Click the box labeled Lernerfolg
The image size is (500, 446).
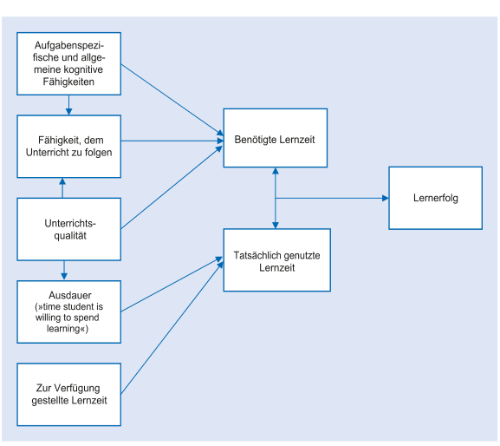click(435, 198)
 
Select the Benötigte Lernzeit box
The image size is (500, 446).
click(276, 138)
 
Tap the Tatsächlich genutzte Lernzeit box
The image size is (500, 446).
click(276, 259)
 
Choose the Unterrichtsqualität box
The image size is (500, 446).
click(68, 229)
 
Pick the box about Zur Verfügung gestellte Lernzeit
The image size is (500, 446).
click(68, 394)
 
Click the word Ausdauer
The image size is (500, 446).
click(70, 295)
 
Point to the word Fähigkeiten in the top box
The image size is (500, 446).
click(68, 82)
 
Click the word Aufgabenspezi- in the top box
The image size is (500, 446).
click(68, 45)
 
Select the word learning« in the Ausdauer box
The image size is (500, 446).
click(68, 329)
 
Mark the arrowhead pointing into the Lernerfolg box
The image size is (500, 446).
click(386, 198)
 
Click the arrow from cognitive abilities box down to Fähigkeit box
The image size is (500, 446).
click(68, 105)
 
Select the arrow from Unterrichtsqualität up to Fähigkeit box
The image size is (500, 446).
click(62, 187)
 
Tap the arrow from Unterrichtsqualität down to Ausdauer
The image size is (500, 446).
click(64, 271)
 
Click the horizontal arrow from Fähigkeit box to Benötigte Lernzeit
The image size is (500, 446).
click(172, 141)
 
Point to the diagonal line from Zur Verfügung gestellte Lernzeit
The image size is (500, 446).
click(172, 328)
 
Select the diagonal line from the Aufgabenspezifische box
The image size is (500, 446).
click(172, 100)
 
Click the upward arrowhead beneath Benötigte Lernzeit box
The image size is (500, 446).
click(276, 171)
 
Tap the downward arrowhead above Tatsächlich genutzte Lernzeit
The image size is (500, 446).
click(276, 225)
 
